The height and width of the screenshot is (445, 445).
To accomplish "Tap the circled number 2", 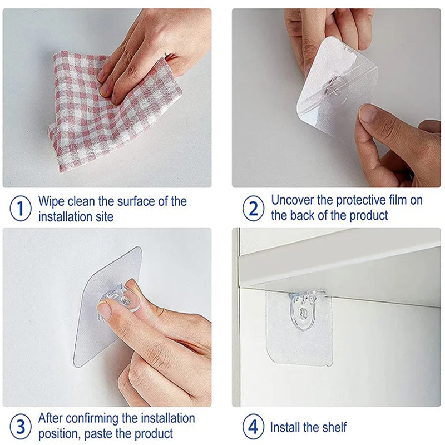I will pos(254,209).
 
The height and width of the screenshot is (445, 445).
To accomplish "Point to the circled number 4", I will pos(254,427).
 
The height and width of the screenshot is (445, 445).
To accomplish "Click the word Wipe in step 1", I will pos(52,201).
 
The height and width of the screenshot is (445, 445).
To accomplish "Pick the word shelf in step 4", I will pos(333,427).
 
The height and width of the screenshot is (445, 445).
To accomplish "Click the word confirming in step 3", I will pos(99,418).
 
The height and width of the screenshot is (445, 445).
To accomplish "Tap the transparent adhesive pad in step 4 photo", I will pos(300,339).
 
